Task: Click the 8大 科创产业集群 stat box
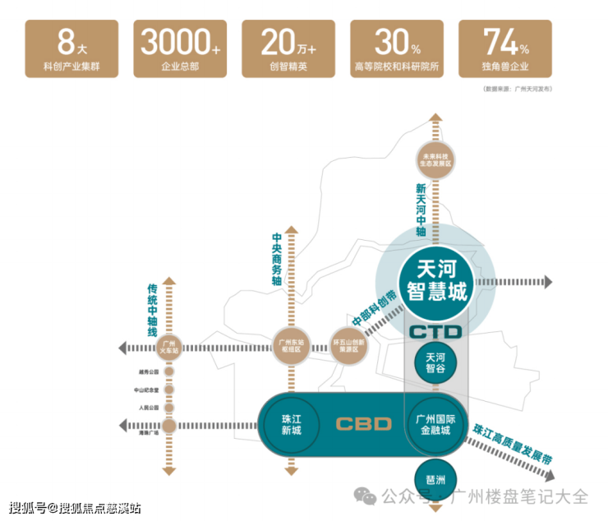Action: coord(71,49)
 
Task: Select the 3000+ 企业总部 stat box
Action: coord(180,49)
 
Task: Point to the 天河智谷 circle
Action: coord(435,363)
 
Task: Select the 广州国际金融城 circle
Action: coord(435,424)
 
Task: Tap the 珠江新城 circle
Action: coord(291,424)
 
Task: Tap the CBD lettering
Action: coord(363,424)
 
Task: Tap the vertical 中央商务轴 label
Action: coord(277,258)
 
